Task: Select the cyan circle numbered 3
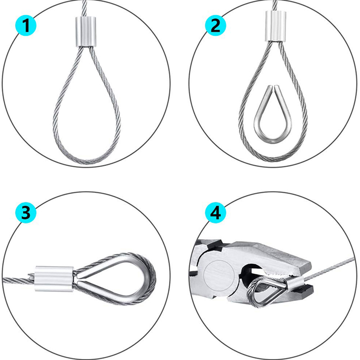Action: coord(26,212)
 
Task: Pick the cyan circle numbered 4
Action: coord(215,212)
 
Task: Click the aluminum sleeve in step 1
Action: coord(86,32)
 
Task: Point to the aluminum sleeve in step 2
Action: coord(276,26)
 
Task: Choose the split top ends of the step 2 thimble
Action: coord(273,88)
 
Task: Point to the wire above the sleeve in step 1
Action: coord(84,8)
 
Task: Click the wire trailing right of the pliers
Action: coord(329,267)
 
